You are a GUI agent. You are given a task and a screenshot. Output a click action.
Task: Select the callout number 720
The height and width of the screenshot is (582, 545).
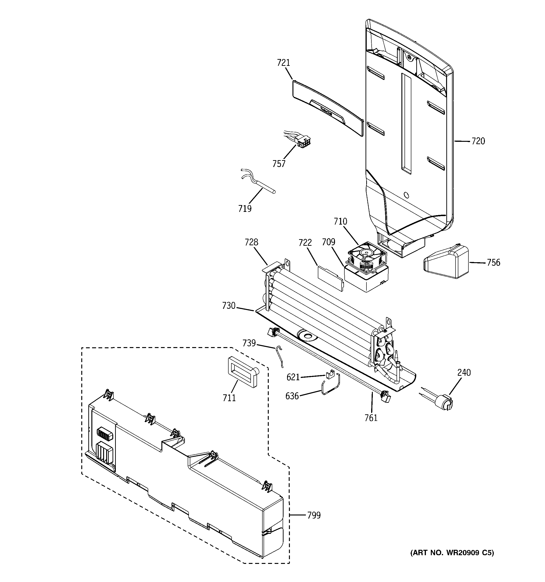click(x=478, y=141)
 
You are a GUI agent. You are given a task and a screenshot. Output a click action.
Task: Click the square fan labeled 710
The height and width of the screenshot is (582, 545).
click(x=366, y=257)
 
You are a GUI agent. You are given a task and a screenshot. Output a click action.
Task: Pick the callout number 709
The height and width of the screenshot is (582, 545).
click(x=328, y=242)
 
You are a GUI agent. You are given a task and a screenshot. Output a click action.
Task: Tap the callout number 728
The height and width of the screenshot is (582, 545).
click(x=251, y=242)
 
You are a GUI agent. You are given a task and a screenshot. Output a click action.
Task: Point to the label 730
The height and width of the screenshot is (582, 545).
click(x=229, y=306)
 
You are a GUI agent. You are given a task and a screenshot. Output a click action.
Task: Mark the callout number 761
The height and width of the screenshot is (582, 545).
click(x=371, y=418)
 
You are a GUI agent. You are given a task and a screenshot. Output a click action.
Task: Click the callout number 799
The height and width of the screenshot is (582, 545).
click(x=314, y=515)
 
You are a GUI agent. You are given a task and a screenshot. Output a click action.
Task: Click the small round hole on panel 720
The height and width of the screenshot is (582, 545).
click(x=406, y=195)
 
